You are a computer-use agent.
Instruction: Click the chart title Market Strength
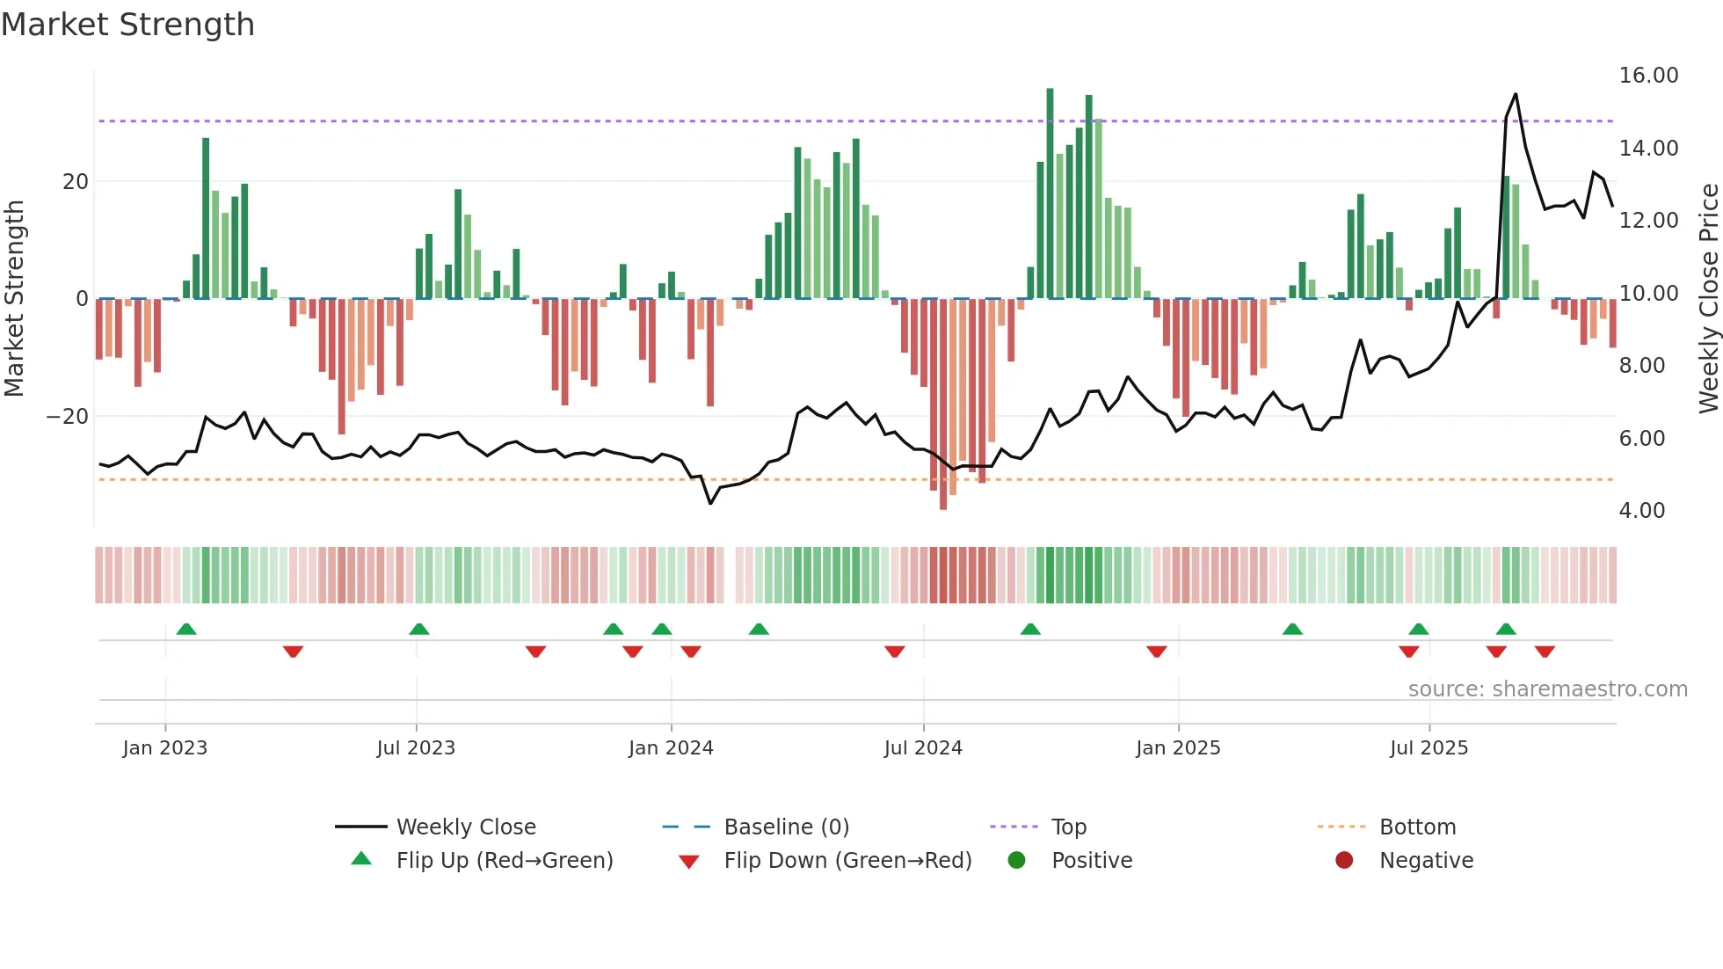(x=127, y=25)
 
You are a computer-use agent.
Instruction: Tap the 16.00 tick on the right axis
(x=1648, y=76)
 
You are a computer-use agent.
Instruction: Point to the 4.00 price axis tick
(x=1641, y=511)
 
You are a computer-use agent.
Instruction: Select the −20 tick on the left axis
(x=68, y=417)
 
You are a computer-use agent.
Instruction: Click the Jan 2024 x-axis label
(x=671, y=748)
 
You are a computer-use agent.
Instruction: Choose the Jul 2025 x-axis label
(x=1429, y=748)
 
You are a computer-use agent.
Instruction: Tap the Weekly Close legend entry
(x=465, y=827)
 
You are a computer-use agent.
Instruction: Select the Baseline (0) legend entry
(x=786, y=827)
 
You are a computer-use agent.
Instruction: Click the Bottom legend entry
(x=1417, y=827)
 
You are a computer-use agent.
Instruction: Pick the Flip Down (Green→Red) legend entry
(x=847, y=861)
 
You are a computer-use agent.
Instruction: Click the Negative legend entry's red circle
(x=1344, y=861)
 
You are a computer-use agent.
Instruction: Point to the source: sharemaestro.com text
(x=1547, y=689)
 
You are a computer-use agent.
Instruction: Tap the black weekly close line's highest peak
(x=1516, y=95)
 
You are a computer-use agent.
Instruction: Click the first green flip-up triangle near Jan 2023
(x=186, y=630)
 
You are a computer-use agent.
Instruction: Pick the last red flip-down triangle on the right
(x=1545, y=652)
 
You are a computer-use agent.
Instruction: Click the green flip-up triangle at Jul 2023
(x=419, y=630)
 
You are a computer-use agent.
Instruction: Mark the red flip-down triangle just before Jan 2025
(x=1157, y=652)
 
